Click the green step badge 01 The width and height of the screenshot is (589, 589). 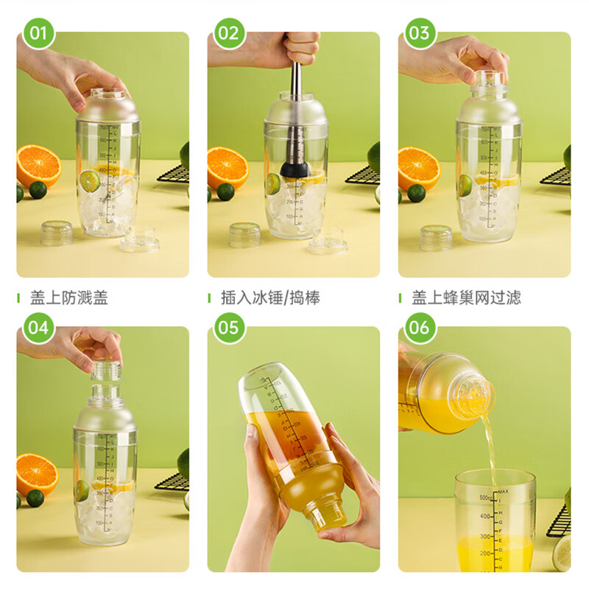(38, 33)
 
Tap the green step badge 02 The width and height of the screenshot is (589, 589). (229, 33)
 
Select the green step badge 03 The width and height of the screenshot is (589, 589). (419, 33)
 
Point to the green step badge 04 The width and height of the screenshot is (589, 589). (38, 327)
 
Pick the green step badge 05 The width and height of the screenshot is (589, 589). (229, 327)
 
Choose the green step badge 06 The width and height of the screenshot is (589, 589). (419, 327)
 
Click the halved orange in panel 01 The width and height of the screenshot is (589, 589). (38, 166)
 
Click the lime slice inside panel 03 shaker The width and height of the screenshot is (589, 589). (465, 185)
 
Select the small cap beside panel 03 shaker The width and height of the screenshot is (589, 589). (436, 237)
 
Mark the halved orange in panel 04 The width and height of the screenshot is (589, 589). (36, 475)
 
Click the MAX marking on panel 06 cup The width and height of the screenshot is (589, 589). (503, 491)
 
